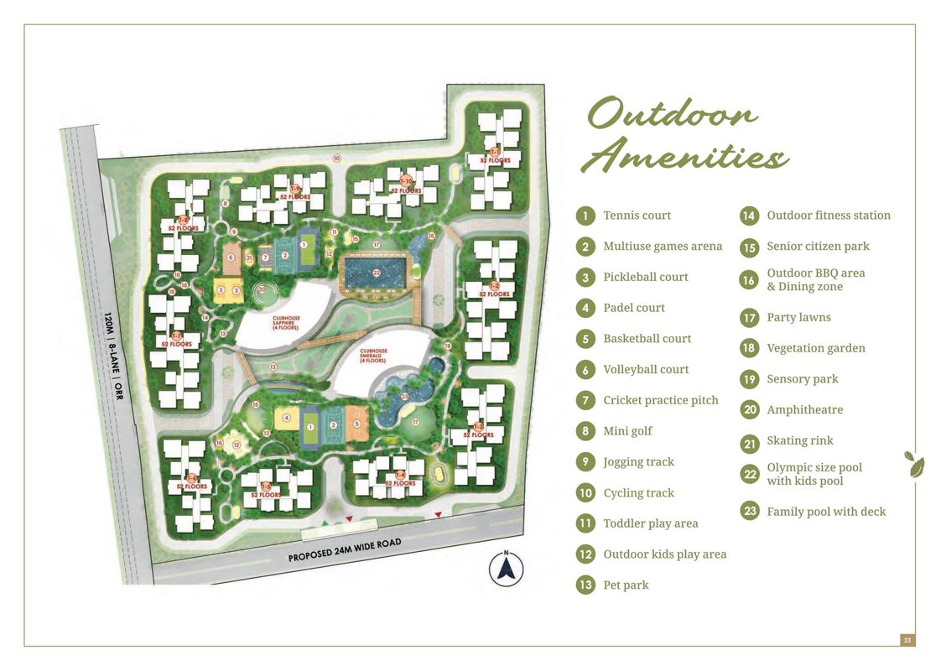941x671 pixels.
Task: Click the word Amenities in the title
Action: (684, 156)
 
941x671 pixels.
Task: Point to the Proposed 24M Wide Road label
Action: (344, 550)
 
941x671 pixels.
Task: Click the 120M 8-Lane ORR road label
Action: (113, 356)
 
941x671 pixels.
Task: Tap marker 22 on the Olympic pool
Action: (377, 273)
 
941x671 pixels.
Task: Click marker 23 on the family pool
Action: (405, 397)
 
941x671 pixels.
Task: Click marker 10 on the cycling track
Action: (336, 158)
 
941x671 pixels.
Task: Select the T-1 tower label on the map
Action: (496, 155)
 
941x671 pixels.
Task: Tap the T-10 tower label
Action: (406, 182)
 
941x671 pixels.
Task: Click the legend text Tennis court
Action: (637, 216)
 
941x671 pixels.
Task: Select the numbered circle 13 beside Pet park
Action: (585, 585)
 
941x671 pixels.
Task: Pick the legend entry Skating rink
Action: (799, 440)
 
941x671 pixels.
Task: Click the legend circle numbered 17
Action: (749, 317)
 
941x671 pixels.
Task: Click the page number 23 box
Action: (907, 640)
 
